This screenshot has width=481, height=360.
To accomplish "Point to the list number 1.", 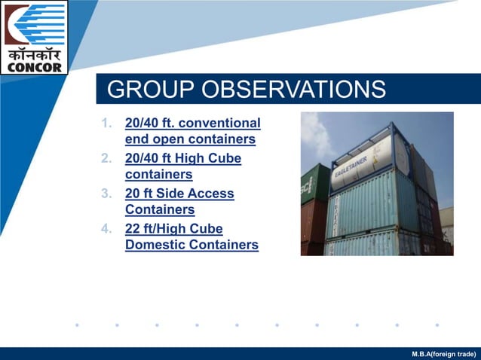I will [106, 123].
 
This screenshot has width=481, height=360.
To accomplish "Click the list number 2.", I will [106, 158].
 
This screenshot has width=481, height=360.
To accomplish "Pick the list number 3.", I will [106, 194].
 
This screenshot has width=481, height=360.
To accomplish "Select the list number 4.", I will [106, 228].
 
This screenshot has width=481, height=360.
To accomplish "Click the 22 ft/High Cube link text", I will [173, 228].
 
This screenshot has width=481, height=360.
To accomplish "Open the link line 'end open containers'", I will [190, 139].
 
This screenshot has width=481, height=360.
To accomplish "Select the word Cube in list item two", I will [225, 158].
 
